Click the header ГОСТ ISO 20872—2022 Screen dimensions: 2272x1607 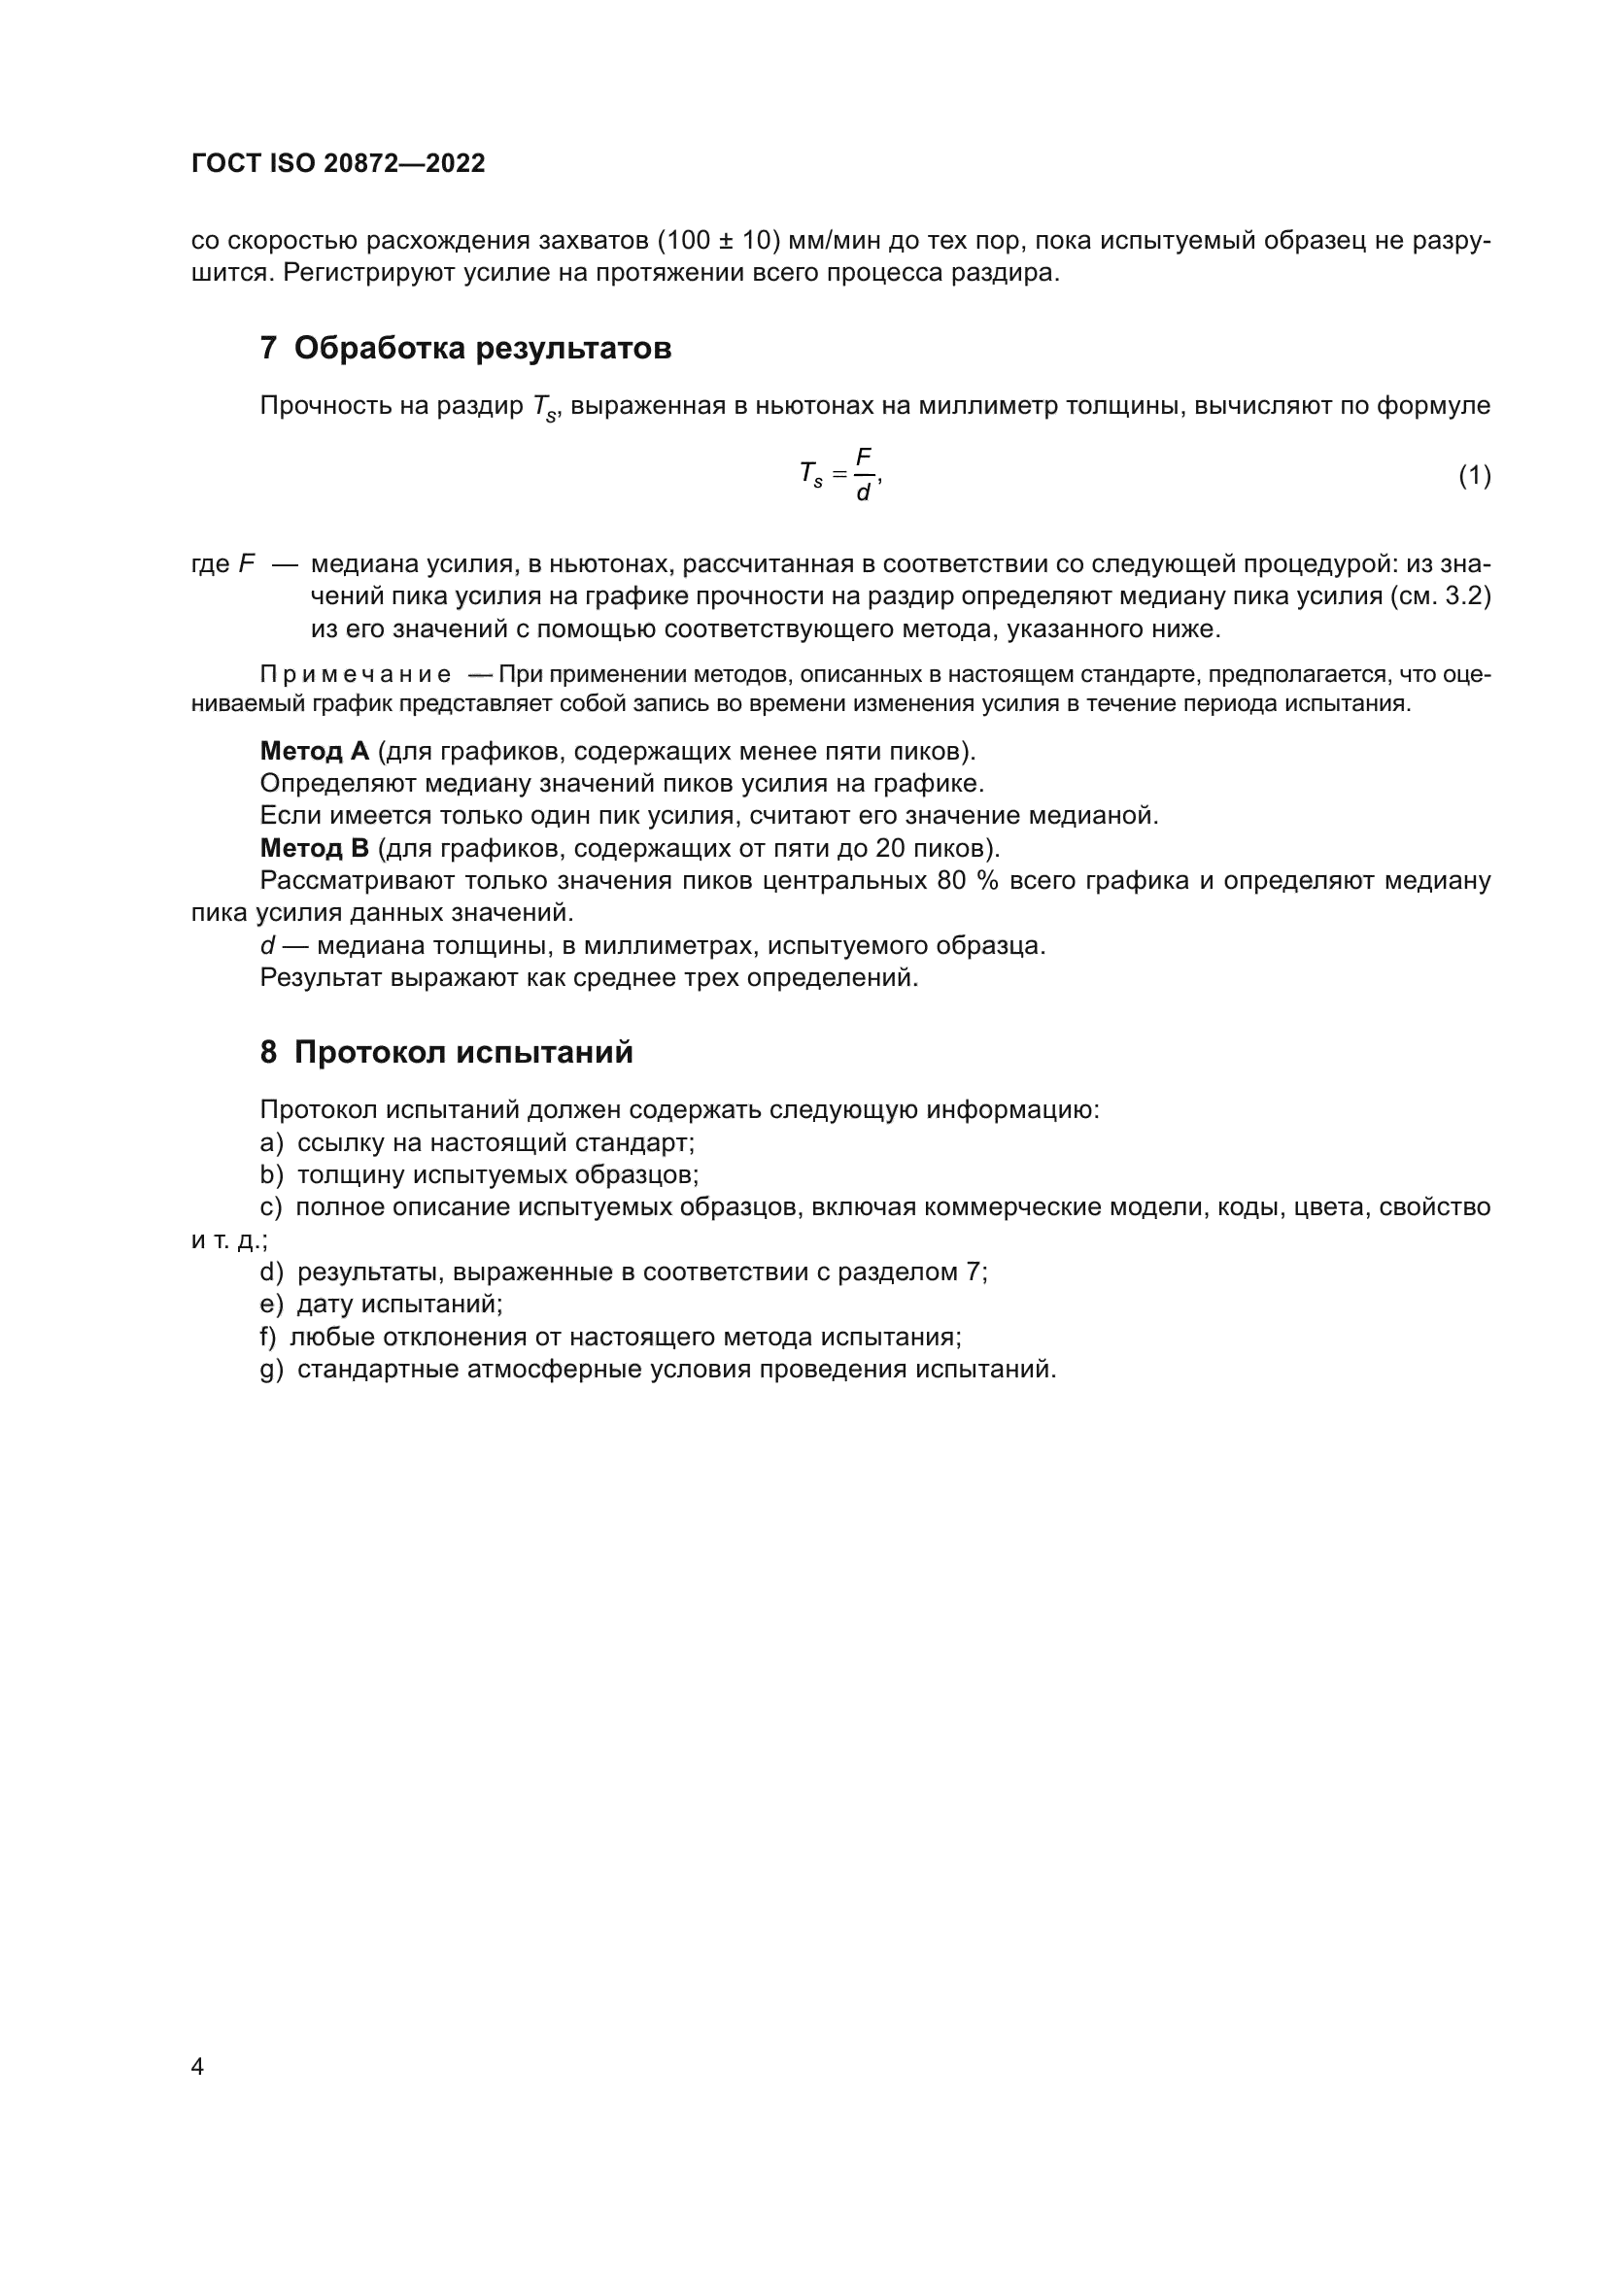338,164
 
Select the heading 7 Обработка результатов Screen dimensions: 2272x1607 465,349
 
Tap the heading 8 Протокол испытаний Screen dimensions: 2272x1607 446,1052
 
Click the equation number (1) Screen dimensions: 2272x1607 1474,476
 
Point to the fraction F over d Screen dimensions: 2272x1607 863,475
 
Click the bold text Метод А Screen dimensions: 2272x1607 314,751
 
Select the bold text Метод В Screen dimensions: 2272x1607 314,848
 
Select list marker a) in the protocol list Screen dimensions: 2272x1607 271,1143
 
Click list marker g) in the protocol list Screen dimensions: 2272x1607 271,1370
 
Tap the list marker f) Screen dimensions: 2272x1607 268,1337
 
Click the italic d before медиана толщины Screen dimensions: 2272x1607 267,946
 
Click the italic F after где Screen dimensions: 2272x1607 247,564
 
